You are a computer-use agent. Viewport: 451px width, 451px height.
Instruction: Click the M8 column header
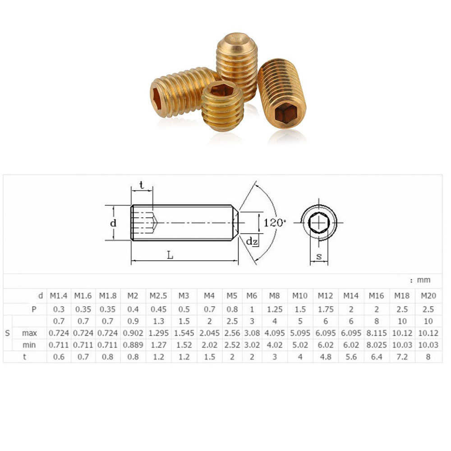[274, 296]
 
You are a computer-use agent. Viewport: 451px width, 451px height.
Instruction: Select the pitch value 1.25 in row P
[274, 309]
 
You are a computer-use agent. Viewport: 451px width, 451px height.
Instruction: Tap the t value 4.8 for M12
[325, 356]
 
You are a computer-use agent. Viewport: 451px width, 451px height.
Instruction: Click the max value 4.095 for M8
[274, 333]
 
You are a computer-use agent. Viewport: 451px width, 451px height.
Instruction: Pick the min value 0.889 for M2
[132, 345]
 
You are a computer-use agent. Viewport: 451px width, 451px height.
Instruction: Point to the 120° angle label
[275, 223]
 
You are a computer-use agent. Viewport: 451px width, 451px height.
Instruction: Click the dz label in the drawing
[252, 241]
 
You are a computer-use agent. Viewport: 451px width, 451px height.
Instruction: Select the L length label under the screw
[170, 255]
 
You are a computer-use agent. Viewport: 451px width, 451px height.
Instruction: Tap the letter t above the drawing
[142, 184]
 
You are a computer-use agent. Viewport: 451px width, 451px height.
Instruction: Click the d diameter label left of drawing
[114, 223]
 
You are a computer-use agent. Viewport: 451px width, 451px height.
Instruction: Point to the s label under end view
[319, 256]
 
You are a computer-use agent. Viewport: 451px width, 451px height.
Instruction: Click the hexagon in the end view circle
[319, 222]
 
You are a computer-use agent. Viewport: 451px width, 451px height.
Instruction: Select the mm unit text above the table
[423, 280]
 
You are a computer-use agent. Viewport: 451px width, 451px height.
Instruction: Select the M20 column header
[428, 296]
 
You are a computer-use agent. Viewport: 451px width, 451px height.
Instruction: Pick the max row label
[29, 333]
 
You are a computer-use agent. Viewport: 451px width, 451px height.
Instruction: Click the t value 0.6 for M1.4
[58, 356]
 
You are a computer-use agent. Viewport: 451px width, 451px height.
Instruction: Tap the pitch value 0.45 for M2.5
[158, 309]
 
